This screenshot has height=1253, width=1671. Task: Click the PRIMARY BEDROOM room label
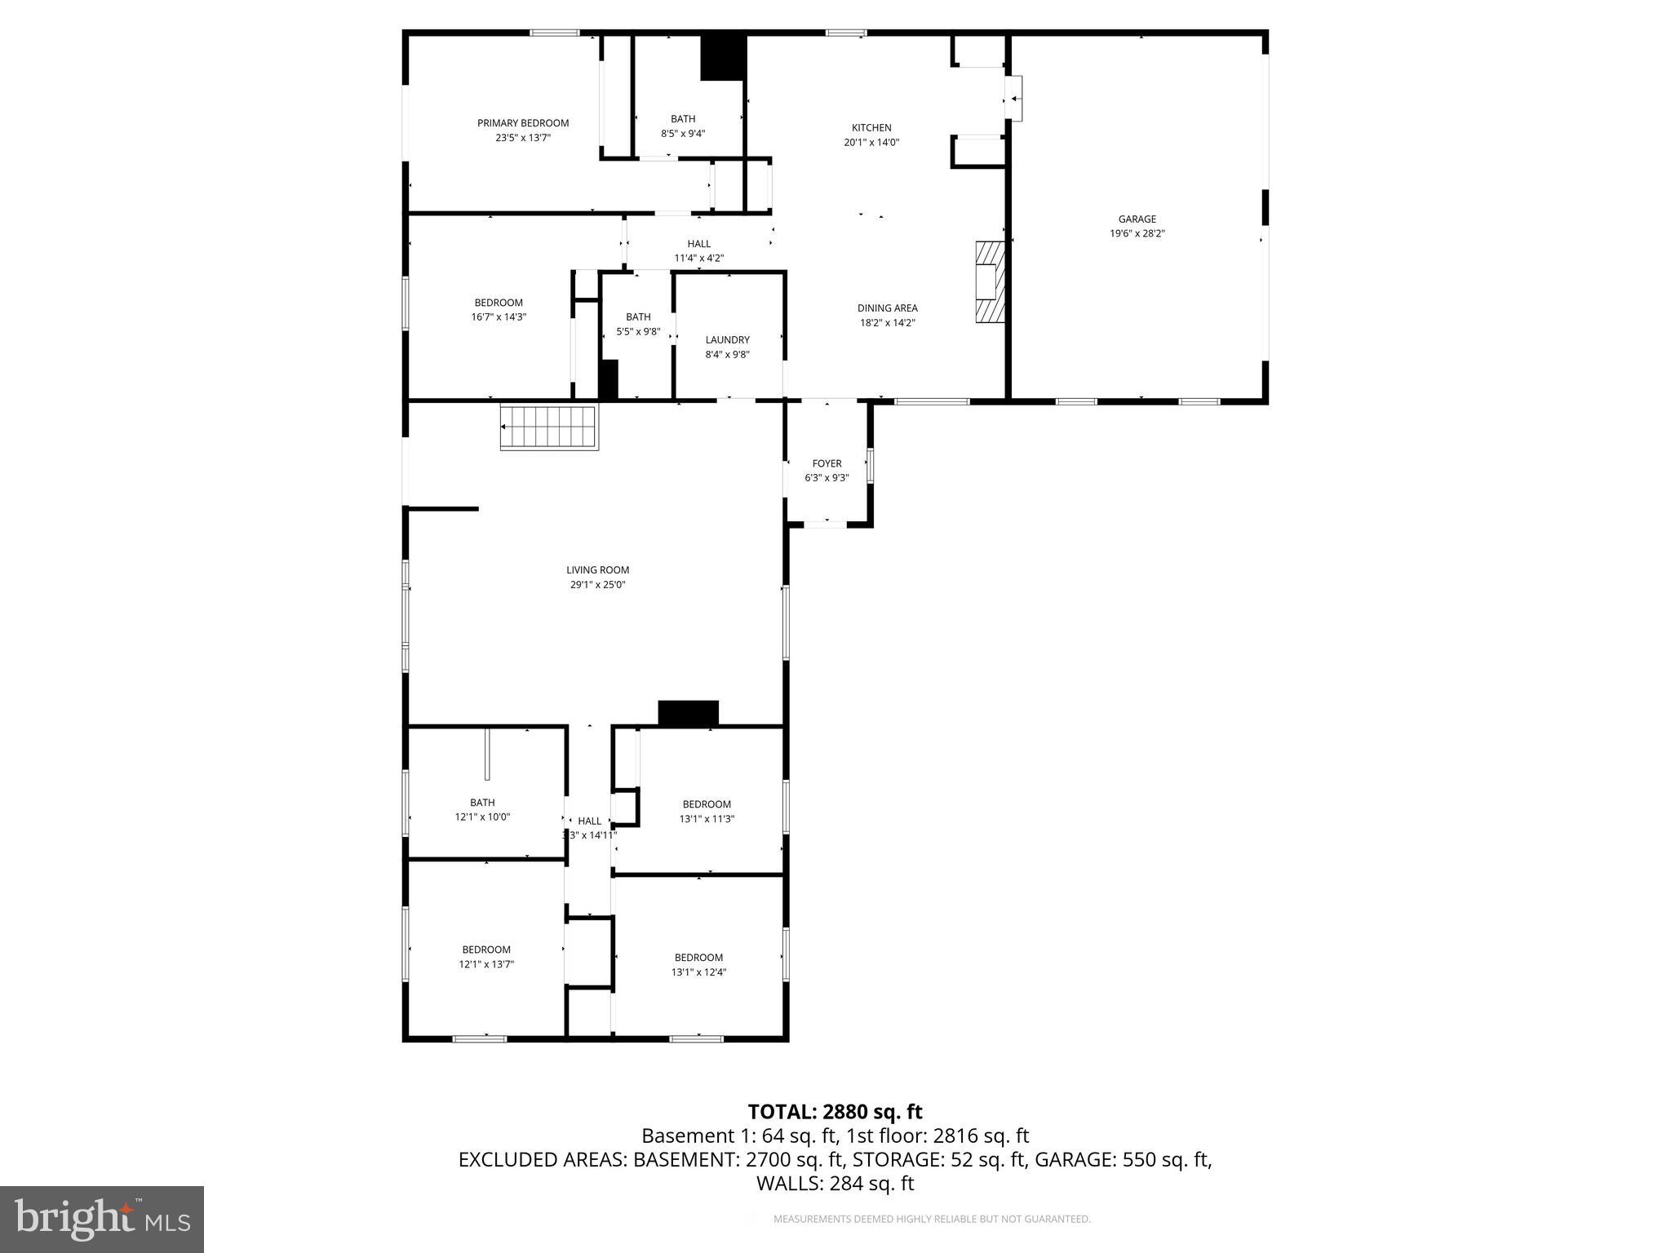[523, 123]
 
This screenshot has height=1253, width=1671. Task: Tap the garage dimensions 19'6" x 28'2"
[1137, 233]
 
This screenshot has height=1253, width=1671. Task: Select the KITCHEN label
[871, 128]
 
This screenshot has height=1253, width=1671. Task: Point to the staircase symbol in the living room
[549, 427]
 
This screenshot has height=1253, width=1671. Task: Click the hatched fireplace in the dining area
[991, 282]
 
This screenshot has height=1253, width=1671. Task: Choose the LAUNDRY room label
[727, 340]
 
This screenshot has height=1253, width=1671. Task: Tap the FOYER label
[827, 463]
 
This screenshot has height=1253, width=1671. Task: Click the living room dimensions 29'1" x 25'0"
[597, 585]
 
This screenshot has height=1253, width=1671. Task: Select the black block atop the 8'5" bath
[723, 57]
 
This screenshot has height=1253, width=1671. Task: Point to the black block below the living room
[688, 713]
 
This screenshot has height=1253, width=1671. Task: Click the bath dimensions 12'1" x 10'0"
[482, 817]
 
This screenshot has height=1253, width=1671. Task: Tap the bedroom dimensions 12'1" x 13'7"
[486, 964]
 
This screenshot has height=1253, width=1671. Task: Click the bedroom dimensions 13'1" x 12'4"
[698, 972]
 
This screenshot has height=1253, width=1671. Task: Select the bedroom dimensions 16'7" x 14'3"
[499, 317]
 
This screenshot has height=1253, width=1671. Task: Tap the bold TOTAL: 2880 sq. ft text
[835, 1112]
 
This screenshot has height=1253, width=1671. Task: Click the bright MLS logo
[102, 1220]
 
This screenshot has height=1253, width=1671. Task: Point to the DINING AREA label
[887, 308]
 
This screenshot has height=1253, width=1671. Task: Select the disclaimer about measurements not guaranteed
[932, 1219]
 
